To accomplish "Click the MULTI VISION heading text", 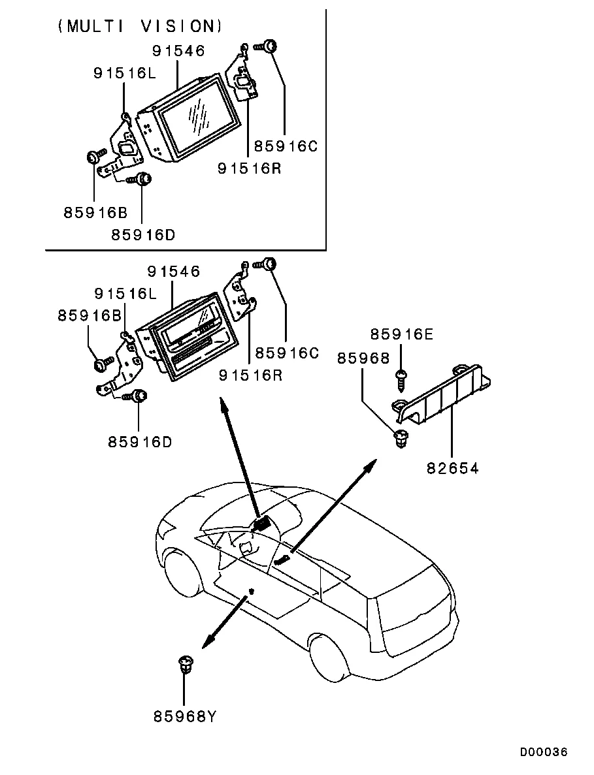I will pyautogui.click(x=140, y=26).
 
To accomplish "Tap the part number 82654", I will pyautogui.click(x=453, y=468).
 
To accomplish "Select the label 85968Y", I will pyautogui.click(x=185, y=717).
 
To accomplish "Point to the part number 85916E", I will pyautogui.click(x=401, y=335).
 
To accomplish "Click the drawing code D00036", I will pyautogui.click(x=544, y=753).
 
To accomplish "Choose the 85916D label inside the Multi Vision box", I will pyautogui.click(x=143, y=234).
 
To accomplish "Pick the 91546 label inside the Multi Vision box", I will pyautogui.click(x=178, y=50).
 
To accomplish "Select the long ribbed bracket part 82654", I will pyautogui.click(x=444, y=394).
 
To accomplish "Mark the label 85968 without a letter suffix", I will pyautogui.click(x=363, y=358).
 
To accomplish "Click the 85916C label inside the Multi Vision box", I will pyautogui.click(x=286, y=147).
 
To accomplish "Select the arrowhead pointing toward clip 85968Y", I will pyautogui.click(x=206, y=644).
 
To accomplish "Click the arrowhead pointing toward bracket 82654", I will pyautogui.click(x=371, y=464).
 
